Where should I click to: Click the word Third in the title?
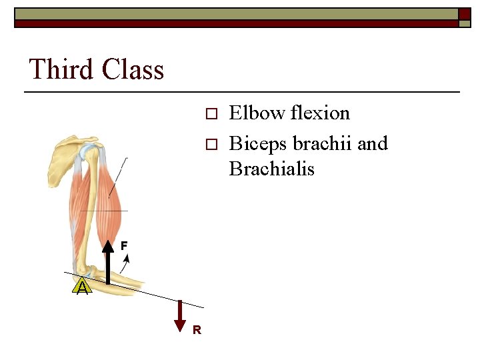click(x=61, y=69)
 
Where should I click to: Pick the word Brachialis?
click(x=271, y=169)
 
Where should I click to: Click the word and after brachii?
click(x=373, y=144)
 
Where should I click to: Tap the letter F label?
click(x=124, y=246)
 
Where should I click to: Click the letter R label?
click(x=197, y=329)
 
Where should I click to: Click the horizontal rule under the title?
click(x=243, y=91)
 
